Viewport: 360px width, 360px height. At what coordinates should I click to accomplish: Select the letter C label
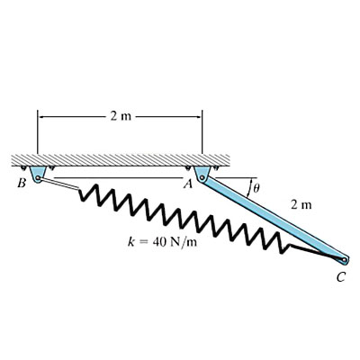340,277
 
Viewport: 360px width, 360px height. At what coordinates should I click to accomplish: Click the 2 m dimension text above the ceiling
118,117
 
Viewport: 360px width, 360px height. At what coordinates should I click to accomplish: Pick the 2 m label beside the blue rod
301,205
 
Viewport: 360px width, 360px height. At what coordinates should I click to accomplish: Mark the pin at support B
38,178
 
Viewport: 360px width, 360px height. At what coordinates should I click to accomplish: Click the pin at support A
202,178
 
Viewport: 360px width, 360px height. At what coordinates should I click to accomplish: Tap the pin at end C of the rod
342,260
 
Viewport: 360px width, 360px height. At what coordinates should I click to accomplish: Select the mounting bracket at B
38,172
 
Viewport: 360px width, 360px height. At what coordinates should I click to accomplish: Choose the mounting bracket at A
202,171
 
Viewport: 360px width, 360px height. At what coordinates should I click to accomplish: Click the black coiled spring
180,217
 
